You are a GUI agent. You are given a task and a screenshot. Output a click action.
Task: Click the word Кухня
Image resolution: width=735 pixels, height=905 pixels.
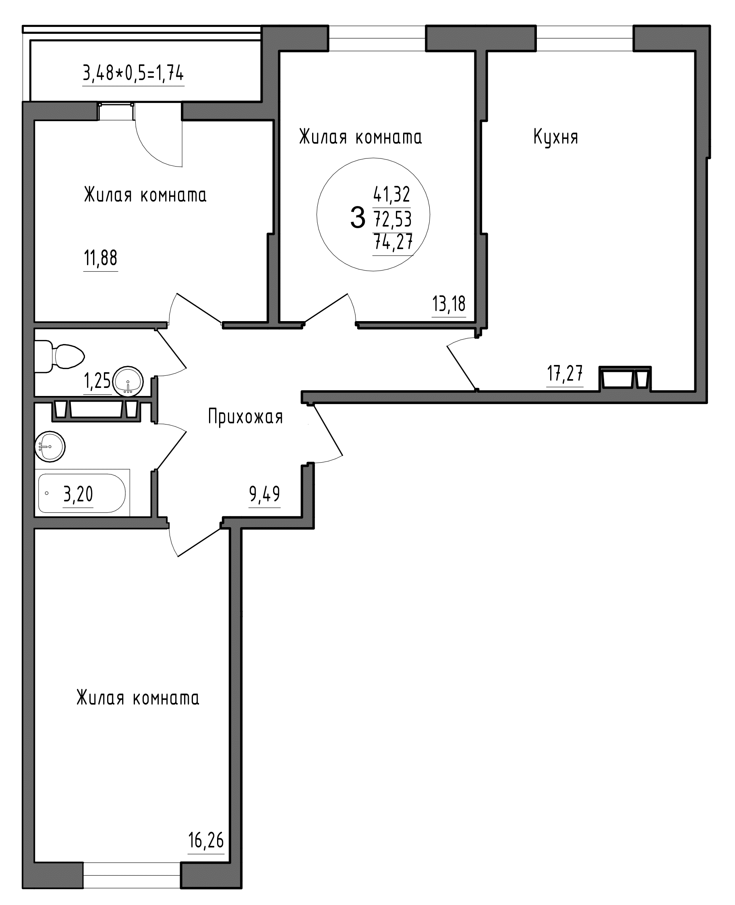(555, 138)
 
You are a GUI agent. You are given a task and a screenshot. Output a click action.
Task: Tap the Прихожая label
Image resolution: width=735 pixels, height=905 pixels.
(245, 417)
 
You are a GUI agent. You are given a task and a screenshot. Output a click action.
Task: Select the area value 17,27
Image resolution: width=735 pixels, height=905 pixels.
(565, 373)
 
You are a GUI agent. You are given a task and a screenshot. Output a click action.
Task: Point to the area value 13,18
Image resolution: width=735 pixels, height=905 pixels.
(449, 304)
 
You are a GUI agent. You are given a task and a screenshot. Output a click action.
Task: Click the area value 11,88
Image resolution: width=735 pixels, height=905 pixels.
(101, 258)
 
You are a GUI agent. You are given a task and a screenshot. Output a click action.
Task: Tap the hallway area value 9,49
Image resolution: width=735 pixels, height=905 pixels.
(265, 494)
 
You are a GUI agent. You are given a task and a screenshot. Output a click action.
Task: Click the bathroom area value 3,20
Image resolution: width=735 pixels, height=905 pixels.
(78, 494)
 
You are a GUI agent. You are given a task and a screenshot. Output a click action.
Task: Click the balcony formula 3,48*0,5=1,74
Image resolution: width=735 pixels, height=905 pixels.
(133, 74)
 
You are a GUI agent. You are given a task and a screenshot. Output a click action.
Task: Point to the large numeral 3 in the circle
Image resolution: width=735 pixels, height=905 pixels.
(358, 218)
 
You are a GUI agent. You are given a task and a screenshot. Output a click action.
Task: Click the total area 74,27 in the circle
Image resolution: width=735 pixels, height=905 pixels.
(393, 242)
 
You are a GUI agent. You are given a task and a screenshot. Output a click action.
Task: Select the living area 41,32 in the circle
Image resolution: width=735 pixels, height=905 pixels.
(391, 194)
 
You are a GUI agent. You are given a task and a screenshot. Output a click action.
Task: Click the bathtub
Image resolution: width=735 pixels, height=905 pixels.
(82, 493)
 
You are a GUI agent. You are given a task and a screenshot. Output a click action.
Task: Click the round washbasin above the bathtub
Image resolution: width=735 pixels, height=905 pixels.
(50, 447)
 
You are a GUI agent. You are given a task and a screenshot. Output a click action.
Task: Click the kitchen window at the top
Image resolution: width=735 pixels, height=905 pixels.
(585, 39)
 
